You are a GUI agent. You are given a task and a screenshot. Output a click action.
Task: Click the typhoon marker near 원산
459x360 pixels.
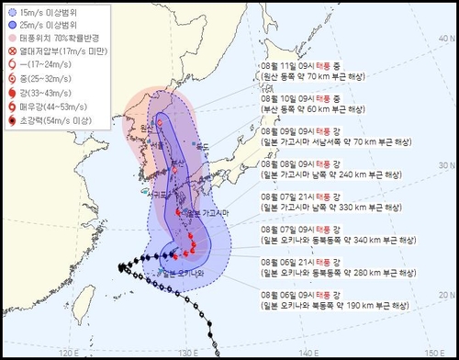159,122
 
